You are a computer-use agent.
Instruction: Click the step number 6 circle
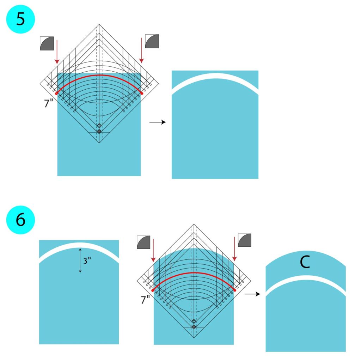21,220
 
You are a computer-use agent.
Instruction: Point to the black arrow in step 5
157,122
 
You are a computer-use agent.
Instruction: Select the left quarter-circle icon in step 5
47,43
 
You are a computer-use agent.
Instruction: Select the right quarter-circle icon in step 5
152,41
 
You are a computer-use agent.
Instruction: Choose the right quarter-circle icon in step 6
244,240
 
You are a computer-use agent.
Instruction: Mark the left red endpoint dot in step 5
56,93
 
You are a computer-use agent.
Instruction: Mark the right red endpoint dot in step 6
234,290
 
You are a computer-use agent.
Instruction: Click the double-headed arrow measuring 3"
80,260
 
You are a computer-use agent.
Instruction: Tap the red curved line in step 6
194,273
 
